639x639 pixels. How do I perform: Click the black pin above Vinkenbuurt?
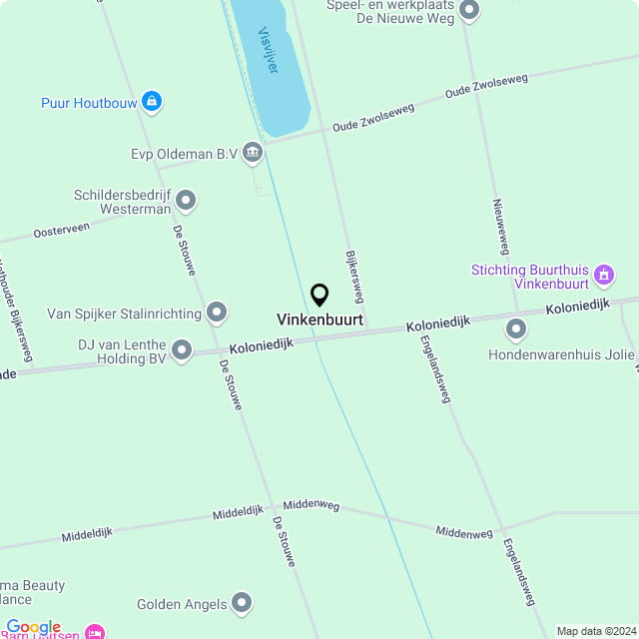(x=319, y=295)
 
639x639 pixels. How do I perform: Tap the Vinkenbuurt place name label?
(x=319, y=320)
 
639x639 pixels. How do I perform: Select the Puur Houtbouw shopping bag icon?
(x=151, y=101)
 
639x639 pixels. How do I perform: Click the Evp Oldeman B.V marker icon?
(x=253, y=153)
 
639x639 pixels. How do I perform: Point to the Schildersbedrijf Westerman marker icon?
(x=186, y=202)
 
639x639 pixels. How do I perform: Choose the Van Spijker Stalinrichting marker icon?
(x=217, y=313)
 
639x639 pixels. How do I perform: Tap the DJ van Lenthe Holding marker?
(x=182, y=349)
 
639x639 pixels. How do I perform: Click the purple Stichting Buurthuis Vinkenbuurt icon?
(x=603, y=274)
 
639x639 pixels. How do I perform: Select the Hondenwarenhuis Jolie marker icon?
(x=516, y=328)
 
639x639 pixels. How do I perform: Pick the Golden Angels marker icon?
(x=242, y=602)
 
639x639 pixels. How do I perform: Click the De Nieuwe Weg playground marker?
(x=468, y=11)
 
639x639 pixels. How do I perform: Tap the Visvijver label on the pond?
(x=268, y=50)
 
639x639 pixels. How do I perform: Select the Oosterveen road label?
(x=62, y=230)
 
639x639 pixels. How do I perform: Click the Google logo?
(x=33, y=627)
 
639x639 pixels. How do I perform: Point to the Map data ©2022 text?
(x=596, y=631)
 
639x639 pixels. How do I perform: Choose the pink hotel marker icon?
(x=95, y=632)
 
